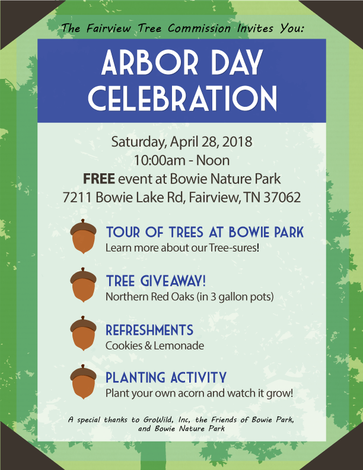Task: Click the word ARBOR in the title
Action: (x=149, y=62)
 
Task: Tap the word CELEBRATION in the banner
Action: (x=182, y=98)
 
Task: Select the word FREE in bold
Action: (x=99, y=179)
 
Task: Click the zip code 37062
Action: (x=282, y=197)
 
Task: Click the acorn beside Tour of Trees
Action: (x=83, y=236)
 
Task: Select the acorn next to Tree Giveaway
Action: (x=83, y=285)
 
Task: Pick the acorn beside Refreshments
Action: (x=83, y=333)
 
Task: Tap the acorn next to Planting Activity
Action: (x=83, y=382)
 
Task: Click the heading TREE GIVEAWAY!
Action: (x=156, y=281)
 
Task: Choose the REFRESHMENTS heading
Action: (x=149, y=330)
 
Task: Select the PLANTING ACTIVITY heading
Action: (x=166, y=377)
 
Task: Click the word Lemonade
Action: (x=179, y=345)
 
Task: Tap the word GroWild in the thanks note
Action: (x=158, y=420)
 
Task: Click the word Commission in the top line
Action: (x=199, y=28)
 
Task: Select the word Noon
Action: (x=213, y=160)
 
